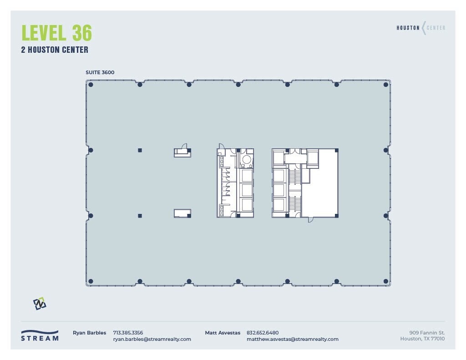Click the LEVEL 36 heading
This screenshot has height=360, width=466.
pos(57,33)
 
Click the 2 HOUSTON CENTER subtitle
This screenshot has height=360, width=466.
pos(55,50)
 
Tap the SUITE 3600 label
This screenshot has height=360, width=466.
pos(100,72)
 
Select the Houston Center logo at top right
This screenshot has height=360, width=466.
pos(421,28)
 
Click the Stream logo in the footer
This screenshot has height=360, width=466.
pos(40,335)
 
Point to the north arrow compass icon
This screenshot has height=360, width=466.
pos(40,304)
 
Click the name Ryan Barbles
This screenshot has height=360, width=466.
pos(89,333)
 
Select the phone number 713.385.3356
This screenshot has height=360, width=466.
pos(128,333)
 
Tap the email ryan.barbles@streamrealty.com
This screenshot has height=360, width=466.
pos(152,339)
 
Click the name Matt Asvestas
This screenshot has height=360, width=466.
pos(223,333)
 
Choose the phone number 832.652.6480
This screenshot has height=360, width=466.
pos(263,333)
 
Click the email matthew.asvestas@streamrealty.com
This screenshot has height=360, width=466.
pos(293,339)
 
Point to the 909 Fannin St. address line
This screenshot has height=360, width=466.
pos(426,333)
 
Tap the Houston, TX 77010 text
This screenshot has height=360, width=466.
pos(422,339)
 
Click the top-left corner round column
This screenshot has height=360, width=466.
pos(91,85)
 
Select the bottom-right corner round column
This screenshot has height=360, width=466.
pos(386,281)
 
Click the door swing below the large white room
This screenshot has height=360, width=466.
pos(311,219)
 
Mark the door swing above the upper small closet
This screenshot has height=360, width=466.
pos(184,146)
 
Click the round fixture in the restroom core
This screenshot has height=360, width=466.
pos(246,159)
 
